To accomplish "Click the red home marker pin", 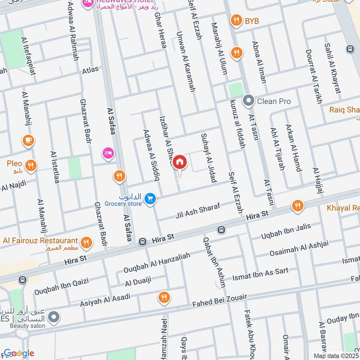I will (x=180, y=162).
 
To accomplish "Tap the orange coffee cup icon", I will (x=28, y=140).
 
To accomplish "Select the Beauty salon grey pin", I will (x=54, y=317).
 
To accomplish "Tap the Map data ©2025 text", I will (x=336, y=355).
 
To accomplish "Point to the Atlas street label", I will (x=90, y=71).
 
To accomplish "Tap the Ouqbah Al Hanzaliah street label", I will (x=157, y=263).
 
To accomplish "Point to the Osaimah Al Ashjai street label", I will (x=299, y=249).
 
